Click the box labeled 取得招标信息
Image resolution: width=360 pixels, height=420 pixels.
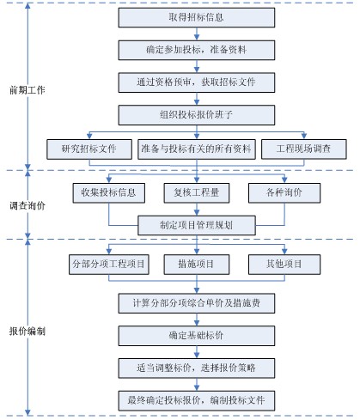pyautogui.click(x=197, y=17)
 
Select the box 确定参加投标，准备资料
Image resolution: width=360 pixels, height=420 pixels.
pyautogui.click(x=197, y=50)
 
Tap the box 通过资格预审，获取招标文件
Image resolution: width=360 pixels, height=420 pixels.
pyautogui.click(x=197, y=82)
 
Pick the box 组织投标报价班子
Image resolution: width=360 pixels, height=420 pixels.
pyautogui.click(x=197, y=115)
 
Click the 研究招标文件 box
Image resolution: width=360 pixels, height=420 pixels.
pyautogui.click(x=89, y=149)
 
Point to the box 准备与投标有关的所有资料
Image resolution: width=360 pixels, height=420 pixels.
pyautogui.click(x=197, y=149)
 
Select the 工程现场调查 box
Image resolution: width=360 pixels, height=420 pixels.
pyautogui.click(x=304, y=149)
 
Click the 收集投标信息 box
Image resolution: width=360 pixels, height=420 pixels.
pyautogui.click(x=109, y=193)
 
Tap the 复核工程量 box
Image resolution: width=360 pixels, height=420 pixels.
pyautogui.click(x=197, y=193)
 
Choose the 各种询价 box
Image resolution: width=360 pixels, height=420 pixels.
pyautogui.click(x=284, y=193)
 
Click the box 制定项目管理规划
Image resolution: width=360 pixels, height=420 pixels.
pyautogui.click(x=197, y=225)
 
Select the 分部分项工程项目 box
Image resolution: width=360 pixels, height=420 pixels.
pyautogui.click(x=109, y=265)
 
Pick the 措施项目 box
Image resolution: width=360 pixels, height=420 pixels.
pyautogui.click(x=197, y=265)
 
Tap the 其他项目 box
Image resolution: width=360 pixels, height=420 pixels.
pyautogui.click(x=284, y=265)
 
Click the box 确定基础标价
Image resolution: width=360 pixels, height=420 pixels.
pyautogui.click(x=197, y=336)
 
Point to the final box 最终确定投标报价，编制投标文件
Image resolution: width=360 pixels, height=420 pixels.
pyautogui.click(x=197, y=401)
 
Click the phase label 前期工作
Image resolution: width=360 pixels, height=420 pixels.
pyautogui.click(x=27, y=90)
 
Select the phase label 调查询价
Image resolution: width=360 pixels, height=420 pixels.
pyautogui.click(x=27, y=205)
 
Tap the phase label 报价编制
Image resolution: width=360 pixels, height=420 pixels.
pyautogui.click(x=27, y=332)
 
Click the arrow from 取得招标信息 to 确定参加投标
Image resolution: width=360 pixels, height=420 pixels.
pyautogui.click(x=197, y=33)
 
